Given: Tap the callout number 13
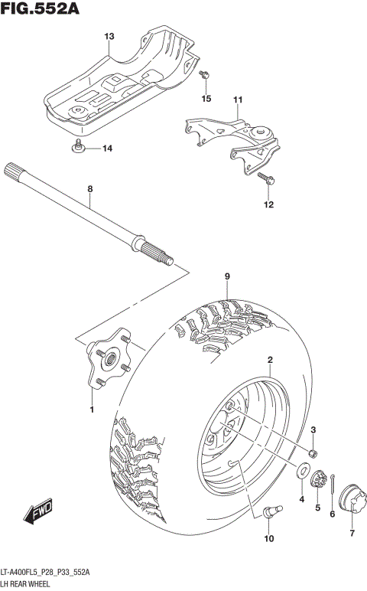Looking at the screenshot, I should coord(109,37).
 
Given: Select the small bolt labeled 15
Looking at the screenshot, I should coord(204,76).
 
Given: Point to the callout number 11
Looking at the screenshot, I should coord(237,100).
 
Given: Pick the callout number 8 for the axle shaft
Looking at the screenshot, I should coord(89,188).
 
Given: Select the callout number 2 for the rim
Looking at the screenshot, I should coord(270,359).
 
